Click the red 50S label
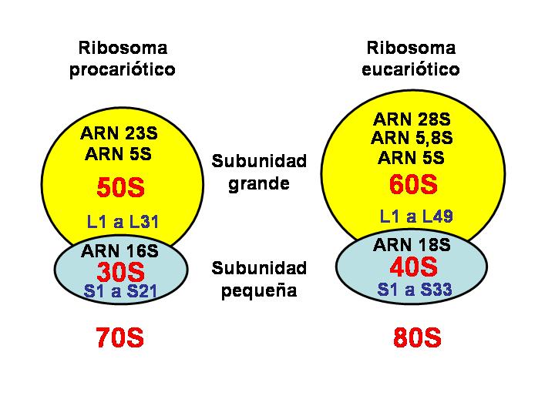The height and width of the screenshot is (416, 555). [x=122, y=188]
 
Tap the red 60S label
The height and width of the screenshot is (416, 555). [x=413, y=185]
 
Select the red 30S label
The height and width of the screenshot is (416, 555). [x=121, y=271]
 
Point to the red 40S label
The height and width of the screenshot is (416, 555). [x=413, y=267]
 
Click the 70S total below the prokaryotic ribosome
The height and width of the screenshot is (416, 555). [x=120, y=338]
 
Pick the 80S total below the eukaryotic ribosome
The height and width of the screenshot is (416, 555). [x=416, y=338]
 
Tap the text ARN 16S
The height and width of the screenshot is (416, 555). [x=119, y=250]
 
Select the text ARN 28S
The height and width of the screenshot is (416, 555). [x=412, y=119]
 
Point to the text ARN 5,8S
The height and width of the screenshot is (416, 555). [x=412, y=139]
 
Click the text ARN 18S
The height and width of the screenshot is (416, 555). [x=412, y=246]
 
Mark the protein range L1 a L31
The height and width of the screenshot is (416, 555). [x=123, y=223]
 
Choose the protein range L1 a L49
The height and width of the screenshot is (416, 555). [x=415, y=216]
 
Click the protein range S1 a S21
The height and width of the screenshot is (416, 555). [x=122, y=291]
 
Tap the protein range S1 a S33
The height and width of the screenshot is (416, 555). [x=415, y=290]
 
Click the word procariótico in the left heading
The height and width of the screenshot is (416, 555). [x=123, y=70]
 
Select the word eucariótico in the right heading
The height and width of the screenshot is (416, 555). [x=411, y=70]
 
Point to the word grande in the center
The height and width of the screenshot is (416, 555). [x=258, y=185]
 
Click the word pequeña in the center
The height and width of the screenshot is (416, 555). [x=258, y=291]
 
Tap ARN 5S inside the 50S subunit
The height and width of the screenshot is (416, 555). [x=119, y=154]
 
